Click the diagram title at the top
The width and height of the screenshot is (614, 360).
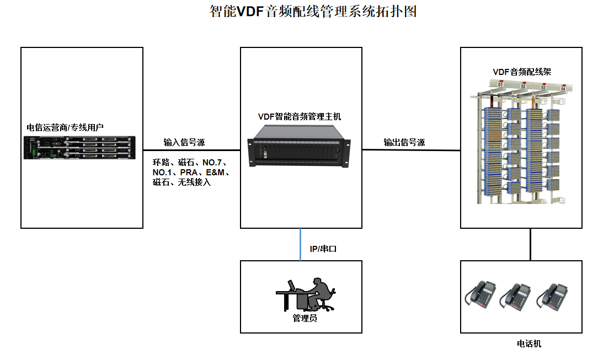313,11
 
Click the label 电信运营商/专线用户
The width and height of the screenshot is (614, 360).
65,127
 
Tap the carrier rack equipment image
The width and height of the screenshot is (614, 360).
79,148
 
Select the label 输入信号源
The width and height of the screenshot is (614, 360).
184,142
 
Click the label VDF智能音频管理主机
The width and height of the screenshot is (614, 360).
300,117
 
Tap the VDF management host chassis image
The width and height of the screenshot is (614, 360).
299,146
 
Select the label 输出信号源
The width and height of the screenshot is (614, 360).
404,142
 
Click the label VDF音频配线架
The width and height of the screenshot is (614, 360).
522,72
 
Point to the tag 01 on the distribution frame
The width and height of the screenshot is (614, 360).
500,84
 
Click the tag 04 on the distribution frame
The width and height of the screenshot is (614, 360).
563,88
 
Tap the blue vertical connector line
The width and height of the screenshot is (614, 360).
300,245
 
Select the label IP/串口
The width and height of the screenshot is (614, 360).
323,249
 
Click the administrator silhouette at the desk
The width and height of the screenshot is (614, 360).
306,294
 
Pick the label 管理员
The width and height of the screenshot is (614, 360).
305,319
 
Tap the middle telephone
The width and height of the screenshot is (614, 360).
515,297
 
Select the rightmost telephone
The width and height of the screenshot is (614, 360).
552,297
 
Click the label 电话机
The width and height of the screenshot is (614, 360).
529,344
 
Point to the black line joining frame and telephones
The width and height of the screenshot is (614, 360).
531,245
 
